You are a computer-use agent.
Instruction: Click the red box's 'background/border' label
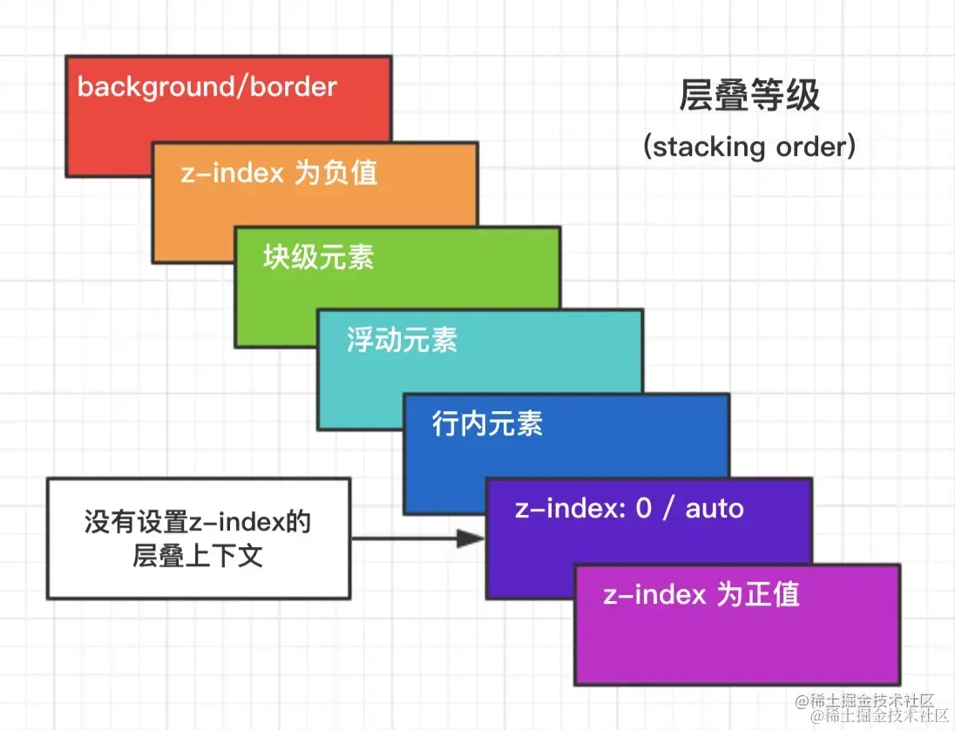coord(207,87)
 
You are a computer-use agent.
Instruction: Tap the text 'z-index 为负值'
coord(279,172)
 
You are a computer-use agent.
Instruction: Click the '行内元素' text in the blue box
coord(487,424)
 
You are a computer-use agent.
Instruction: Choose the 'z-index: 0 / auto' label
coord(629,508)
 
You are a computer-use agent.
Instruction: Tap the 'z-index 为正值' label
coord(701,594)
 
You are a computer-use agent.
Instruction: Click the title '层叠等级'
coord(749,96)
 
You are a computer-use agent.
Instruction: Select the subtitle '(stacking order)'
coord(749,145)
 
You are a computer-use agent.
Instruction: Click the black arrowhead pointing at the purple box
coord(471,538)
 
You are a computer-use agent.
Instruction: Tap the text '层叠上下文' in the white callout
coord(198,556)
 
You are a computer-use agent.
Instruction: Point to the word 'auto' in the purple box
coord(715,508)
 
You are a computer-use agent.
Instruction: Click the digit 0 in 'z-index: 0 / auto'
coord(643,508)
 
